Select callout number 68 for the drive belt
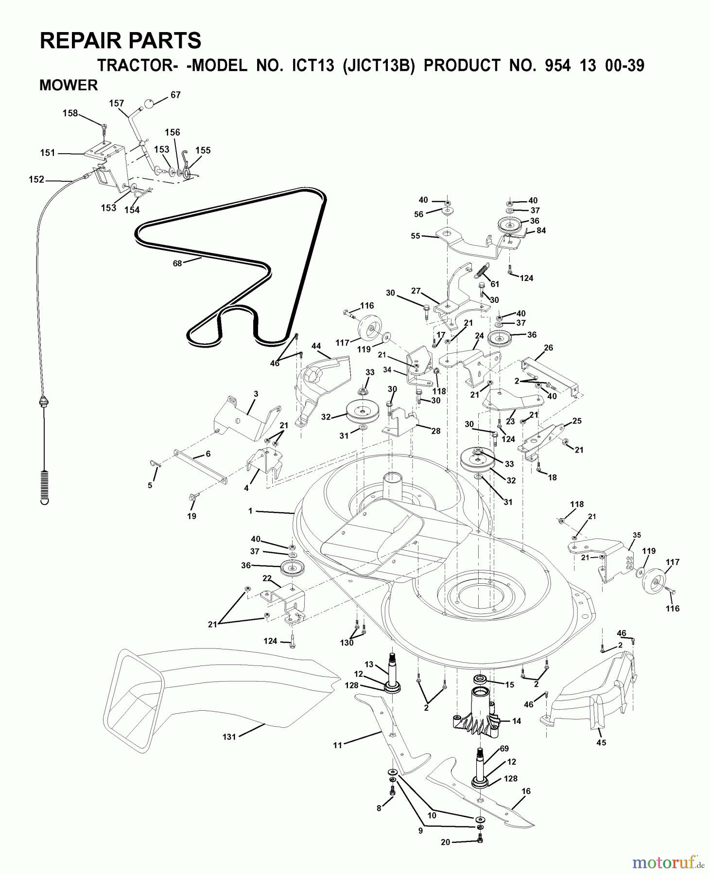pos(177,263)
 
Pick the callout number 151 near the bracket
pos(48,153)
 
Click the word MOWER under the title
pos(69,85)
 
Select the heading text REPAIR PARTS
pos(120,41)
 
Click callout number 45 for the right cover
pos(601,743)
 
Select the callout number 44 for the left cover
pos(316,346)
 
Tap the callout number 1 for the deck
pos(250,511)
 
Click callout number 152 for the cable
pos(36,179)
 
